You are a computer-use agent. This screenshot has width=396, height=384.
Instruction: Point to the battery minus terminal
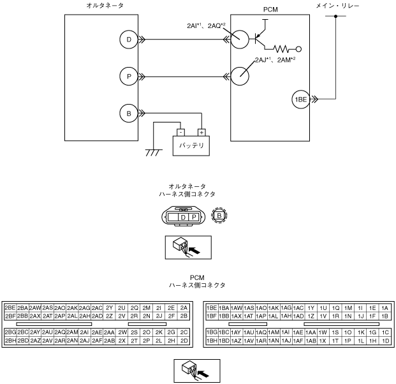point(181,133)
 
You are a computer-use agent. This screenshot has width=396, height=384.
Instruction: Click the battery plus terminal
point(201,133)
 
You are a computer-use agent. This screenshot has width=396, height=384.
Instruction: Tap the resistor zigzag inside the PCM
point(283,48)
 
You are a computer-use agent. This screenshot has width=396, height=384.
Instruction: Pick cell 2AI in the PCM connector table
point(84,332)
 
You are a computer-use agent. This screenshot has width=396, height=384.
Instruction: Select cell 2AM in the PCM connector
point(72,332)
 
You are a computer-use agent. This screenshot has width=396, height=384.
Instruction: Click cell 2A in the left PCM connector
point(184,307)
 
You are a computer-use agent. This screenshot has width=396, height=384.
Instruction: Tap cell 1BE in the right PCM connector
point(212,307)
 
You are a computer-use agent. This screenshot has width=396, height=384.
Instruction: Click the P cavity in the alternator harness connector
point(193,218)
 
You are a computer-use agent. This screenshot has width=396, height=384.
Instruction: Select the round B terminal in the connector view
point(219,216)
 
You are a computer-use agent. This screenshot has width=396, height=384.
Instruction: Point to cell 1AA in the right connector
point(311,332)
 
